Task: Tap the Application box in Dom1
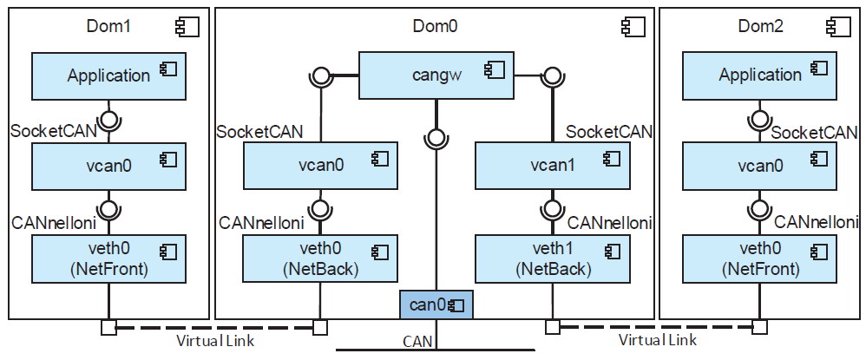click(x=108, y=75)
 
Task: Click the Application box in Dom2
click(x=760, y=75)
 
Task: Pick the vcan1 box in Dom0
click(x=552, y=166)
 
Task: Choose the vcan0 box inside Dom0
click(x=320, y=166)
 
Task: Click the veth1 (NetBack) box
click(x=552, y=259)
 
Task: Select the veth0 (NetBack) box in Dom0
click(x=320, y=259)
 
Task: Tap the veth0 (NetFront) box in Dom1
click(x=108, y=259)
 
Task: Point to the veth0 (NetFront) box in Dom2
click(x=760, y=259)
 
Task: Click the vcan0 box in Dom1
click(x=108, y=166)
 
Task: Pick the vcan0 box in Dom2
click(x=760, y=166)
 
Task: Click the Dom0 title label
click(x=434, y=26)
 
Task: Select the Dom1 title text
click(x=108, y=26)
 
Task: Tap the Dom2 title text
click(x=760, y=26)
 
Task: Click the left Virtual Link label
click(x=215, y=341)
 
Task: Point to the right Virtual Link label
click(x=657, y=341)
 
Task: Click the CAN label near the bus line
click(x=417, y=342)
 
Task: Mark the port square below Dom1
click(x=108, y=327)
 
